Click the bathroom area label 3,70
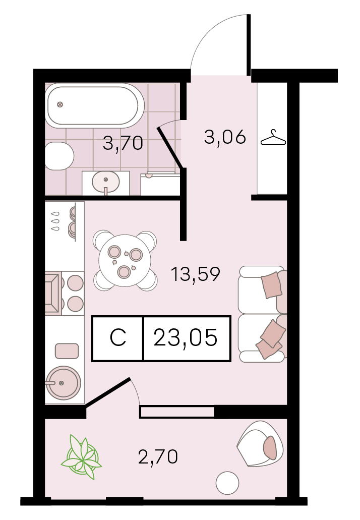coord(123,144)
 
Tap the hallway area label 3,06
coord(225,137)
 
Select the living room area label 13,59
coord(195,274)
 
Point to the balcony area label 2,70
coord(158,456)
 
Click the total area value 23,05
coord(186,337)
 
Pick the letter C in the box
coord(118,337)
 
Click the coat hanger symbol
coord(273,137)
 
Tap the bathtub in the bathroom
coord(94,105)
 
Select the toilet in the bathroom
coord(59,156)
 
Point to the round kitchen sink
coord(63,383)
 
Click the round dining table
coord(125,261)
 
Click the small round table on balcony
coord(227,483)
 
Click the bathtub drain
coord(59,105)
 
